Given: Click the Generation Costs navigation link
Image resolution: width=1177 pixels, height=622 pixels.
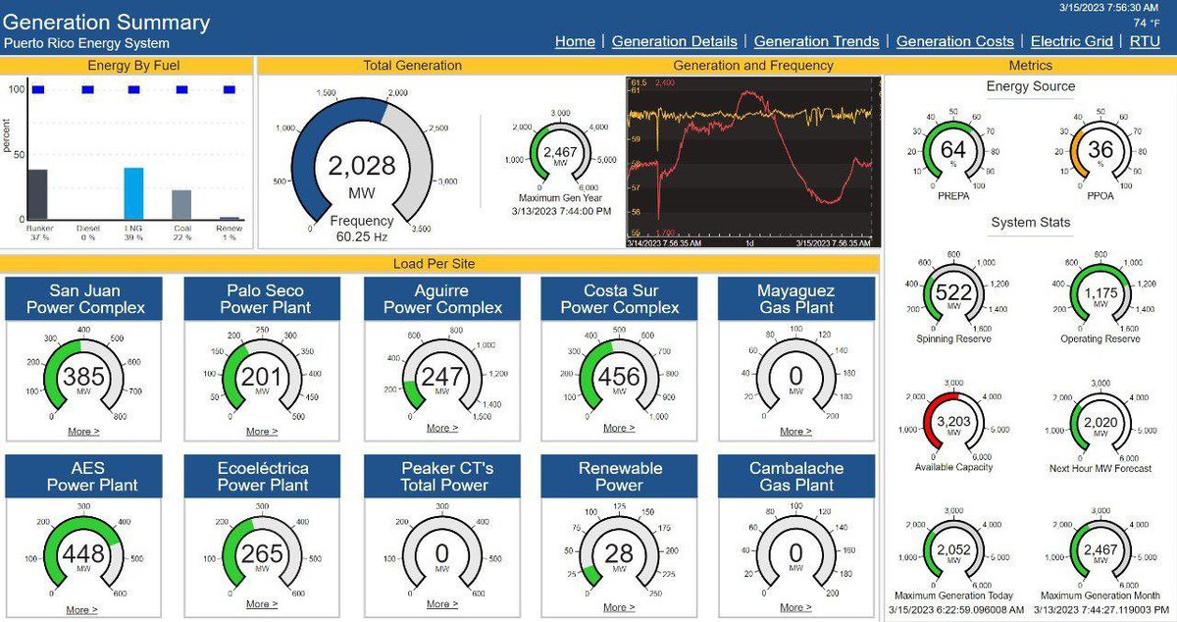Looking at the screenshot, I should point(954,41).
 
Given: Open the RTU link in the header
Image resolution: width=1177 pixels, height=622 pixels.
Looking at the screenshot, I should point(1145,41).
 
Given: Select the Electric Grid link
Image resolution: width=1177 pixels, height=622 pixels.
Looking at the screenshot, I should point(1071,41).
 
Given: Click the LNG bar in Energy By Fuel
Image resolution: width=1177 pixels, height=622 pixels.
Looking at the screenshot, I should point(133,193).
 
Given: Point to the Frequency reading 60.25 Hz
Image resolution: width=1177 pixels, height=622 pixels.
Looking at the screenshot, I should point(361,236).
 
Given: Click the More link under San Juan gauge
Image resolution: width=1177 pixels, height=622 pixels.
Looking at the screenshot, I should point(82,432).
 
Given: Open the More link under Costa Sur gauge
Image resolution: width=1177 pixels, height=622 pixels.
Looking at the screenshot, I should point(618,428).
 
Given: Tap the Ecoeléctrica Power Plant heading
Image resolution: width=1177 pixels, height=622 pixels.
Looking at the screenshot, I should point(263,477).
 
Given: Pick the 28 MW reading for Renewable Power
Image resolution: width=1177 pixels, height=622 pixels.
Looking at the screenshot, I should point(619,552).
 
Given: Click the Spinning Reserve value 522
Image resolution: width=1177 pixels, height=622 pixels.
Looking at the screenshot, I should point(953,292).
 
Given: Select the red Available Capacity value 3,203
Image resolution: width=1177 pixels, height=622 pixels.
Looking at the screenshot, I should point(953,422).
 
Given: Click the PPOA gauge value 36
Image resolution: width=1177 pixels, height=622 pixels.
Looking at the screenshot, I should point(1100,150).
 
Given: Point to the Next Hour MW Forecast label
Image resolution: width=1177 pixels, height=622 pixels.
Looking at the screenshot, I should point(1100,467).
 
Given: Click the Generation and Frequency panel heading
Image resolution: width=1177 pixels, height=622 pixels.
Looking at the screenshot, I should point(752,66).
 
